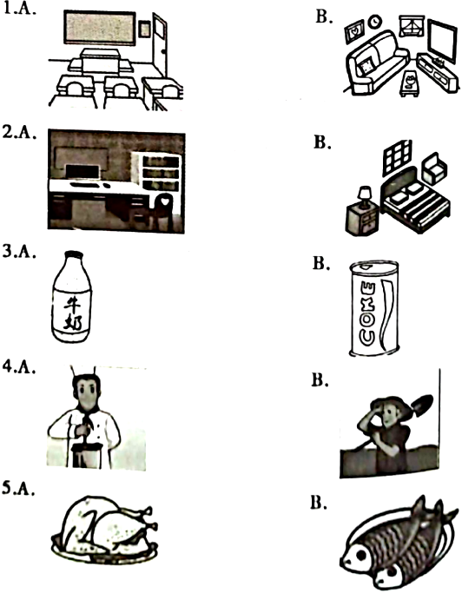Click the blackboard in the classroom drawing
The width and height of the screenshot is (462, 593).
[100, 28]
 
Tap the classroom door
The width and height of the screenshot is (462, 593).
[160, 44]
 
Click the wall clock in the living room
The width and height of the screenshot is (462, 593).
[375, 21]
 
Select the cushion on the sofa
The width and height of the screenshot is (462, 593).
[366, 68]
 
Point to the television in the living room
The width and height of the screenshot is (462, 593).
[442, 42]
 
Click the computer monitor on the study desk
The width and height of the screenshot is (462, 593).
[82, 171]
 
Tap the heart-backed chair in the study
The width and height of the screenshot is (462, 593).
[162, 211]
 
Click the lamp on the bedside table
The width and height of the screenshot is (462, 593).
[365, 197]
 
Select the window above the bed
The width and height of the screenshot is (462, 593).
[397, 157]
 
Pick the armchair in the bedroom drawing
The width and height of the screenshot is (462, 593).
[434, 168]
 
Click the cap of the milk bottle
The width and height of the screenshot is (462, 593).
[74, 255]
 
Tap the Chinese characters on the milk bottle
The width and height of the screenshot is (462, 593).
[72, 313]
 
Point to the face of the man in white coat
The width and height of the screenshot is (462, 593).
[88, 395]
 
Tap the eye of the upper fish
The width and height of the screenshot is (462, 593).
[360, 555]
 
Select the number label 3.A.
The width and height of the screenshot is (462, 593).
[19, 253]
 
